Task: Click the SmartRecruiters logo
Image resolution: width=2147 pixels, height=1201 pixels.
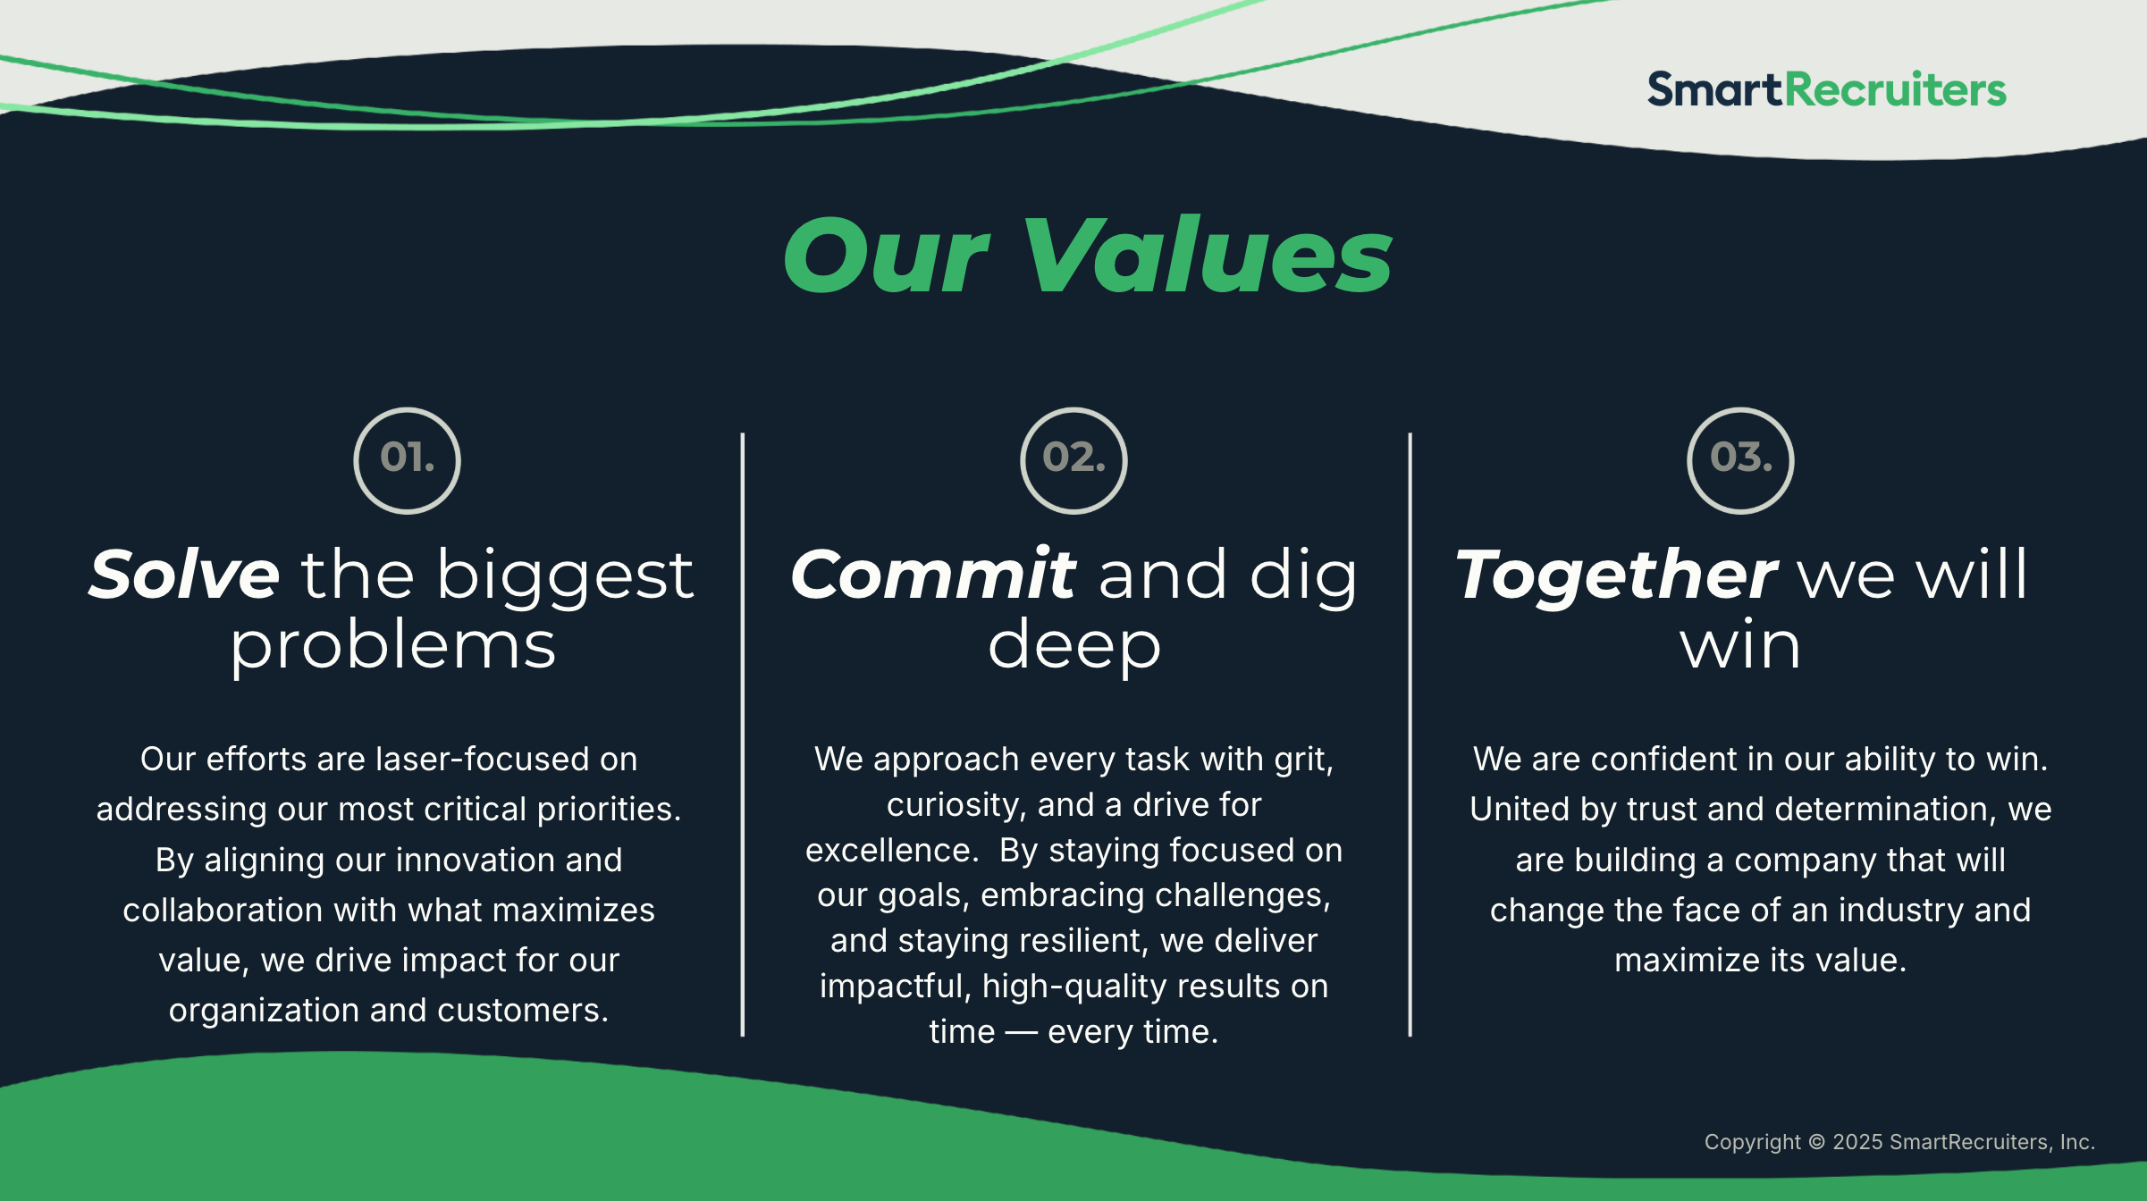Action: (1826, 89)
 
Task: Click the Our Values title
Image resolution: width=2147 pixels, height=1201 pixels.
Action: (1088, 256)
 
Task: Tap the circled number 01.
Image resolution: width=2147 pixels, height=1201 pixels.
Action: (407, 460)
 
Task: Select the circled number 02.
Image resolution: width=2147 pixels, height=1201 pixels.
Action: (1073, 460)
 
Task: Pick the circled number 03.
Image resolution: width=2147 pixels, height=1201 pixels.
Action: (1740, 460)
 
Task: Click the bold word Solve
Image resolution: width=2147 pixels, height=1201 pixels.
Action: (184, 574)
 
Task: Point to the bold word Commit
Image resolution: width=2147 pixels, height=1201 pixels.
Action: (933, 574)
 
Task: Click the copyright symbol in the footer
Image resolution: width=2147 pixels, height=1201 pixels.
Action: (1816, 1142)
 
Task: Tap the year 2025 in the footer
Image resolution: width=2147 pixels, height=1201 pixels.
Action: (1857, 1142)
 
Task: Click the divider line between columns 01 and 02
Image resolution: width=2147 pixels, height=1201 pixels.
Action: (742, 735)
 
